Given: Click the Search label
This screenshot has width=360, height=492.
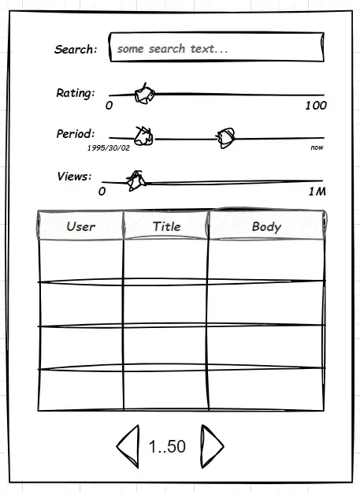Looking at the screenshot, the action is [76, 49].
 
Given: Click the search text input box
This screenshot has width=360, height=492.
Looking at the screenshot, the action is [217, 47].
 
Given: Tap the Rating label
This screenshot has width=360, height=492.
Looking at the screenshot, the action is [76, 93].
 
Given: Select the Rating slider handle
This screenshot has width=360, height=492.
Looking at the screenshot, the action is [145, 94].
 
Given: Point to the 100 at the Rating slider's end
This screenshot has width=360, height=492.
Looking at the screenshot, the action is [316, 106].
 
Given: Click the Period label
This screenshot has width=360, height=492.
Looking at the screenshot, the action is [76, 134].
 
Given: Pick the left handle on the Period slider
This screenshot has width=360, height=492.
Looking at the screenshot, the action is [144, 136].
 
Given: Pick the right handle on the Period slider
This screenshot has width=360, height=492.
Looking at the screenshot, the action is [225, 138].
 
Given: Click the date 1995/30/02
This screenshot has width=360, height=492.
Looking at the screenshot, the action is [108, 147].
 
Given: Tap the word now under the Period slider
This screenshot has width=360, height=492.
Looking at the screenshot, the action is [317, 147].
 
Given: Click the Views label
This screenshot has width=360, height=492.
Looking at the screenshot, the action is [74, 176].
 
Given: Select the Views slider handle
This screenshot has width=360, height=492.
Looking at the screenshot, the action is [136, 181].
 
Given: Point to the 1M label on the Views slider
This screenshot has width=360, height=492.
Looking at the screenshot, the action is [317, 191].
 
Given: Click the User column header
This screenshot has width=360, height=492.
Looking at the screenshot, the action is [80, 225].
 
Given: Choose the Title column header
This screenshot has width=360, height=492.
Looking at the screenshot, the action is [166, 225].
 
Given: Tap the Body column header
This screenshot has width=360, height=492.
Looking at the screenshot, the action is [266, 225].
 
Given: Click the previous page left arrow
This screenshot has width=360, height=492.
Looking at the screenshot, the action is [128, 446].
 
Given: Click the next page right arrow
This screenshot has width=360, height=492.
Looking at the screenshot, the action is [213, 446].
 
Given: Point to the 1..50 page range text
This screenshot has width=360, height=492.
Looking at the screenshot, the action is [167, 446].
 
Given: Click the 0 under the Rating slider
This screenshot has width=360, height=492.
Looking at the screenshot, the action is [109, 106].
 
